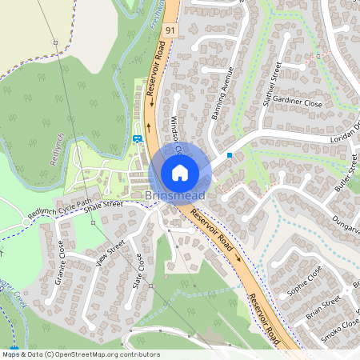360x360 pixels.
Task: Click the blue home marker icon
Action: click(x=180, y=172)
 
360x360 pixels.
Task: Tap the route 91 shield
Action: click(x=170, y=30)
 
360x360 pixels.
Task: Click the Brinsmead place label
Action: click(x=175, y=196)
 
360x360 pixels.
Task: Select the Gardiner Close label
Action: click(x=297, y=104)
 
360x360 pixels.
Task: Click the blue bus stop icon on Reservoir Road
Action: click(x=138, y=138)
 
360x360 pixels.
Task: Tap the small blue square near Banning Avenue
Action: click(x=230, y=154)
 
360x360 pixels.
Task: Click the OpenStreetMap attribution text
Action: click(x=80, y=354)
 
